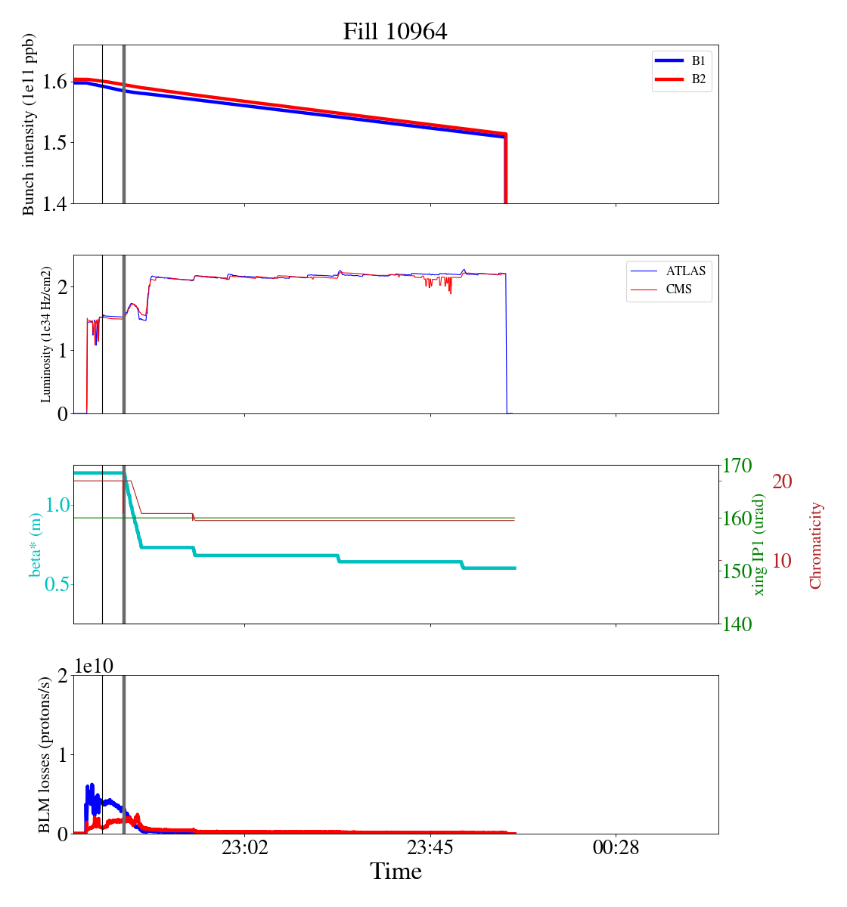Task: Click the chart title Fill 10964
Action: coord(395,32)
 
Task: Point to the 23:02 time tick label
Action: coord(244,848)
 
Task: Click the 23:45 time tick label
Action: coord(430,848)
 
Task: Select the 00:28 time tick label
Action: coord(616,848)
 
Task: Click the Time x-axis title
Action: coord(396,872)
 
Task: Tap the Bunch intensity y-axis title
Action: coord(29,124)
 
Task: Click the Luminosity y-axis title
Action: coord(46,334)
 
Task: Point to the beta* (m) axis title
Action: coord(36,544)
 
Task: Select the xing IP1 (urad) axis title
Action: coord(759,544)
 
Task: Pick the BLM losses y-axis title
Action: coord(45,754)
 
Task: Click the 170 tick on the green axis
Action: coord(738,466)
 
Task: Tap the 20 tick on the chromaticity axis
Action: coord(782,481)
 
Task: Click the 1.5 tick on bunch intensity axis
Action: coord(51,143)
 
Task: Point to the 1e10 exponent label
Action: coord(94,667)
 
